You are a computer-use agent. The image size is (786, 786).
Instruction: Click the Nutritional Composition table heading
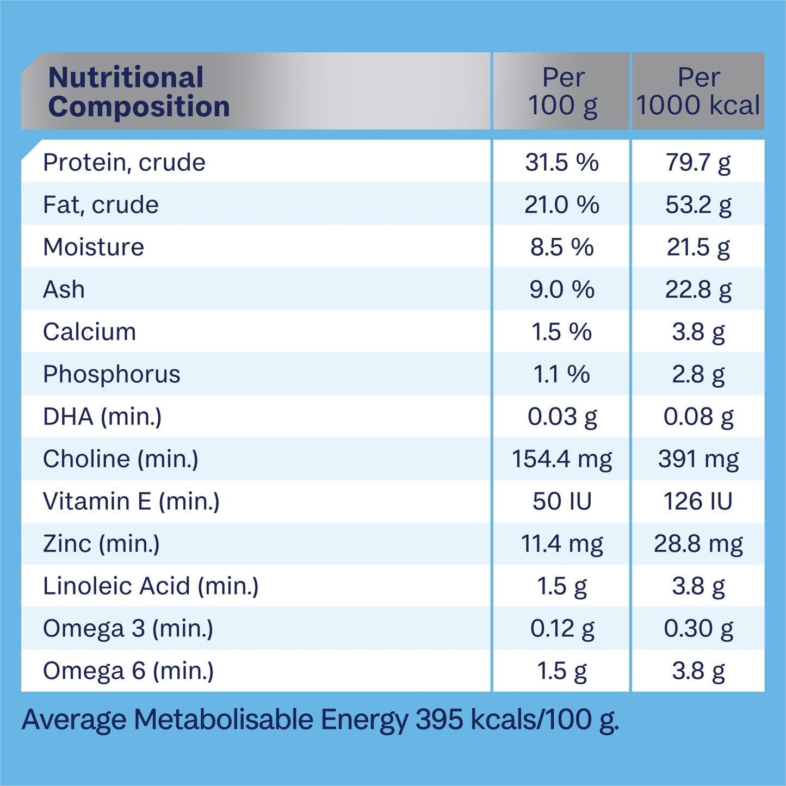[x=139, y=91]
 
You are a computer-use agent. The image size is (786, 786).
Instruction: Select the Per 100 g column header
[x=562, y=91]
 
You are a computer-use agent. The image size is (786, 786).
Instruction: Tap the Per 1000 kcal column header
[x=698, y=91]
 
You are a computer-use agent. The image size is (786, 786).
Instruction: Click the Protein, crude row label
[x=124, y=163]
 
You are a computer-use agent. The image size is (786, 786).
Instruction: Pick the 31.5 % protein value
[x=562, y=163]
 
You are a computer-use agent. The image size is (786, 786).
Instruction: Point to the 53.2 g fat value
[x=698, y=205]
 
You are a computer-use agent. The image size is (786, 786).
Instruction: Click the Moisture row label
[x=94, y=247]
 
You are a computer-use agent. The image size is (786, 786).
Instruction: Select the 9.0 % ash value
[x=562, y=289]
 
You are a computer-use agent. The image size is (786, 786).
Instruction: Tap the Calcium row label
[x=89, y=332]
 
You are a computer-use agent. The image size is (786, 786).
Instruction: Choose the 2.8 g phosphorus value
[x=698, y=374]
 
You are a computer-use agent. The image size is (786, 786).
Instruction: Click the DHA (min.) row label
[x=102, y=417]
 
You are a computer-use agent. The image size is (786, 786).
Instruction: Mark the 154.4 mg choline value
[x=562, y=459]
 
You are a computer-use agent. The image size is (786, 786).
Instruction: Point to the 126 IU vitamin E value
[x=698, y=501]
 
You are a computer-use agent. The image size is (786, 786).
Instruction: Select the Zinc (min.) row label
[x=101, y=543]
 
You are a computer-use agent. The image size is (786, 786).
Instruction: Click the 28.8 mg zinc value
[x=698, y=543]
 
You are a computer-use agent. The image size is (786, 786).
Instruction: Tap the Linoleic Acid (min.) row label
[x=151, y=586]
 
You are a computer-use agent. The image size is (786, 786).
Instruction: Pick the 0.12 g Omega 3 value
[x=562, y=628]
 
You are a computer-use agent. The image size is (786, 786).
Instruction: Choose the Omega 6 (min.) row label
[x=128, y=671]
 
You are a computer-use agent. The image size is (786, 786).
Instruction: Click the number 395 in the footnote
[x=440, y=720]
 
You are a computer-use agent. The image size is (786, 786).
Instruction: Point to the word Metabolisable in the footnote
[x=224, y=720]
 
